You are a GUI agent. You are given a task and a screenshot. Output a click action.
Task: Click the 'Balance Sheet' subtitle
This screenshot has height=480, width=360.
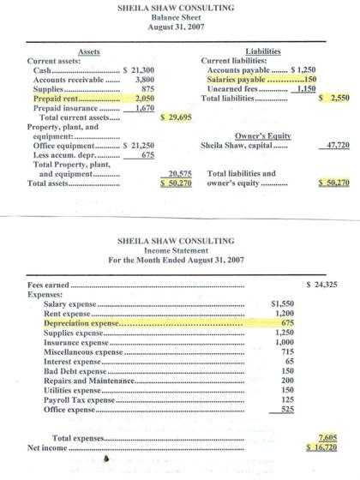pyautogui.click(x=180, y=15)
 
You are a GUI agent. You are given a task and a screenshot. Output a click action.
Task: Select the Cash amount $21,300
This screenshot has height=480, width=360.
pyautogui.click(x=139, y=69)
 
